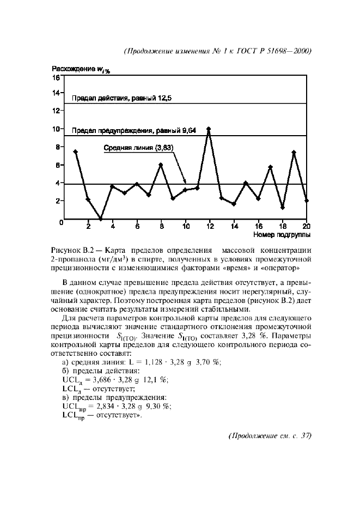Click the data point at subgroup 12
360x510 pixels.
pyautogui.click(x=209, y=129)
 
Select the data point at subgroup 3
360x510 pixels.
pyautogui.click(x=100, y=218)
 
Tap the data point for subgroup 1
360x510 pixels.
pyautogui.click(x=76, y=151)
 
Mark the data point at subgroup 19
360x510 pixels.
pyautogui.click(x=294, y=153)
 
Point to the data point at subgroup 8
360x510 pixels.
pyautogui.click(x=161, y=165)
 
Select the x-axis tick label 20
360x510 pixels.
pyautogui.click(x=306, y=226)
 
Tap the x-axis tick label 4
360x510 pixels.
pyautogui.click(x=113, y=226)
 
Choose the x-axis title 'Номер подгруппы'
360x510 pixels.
pyautogui.click(x=282, y=235)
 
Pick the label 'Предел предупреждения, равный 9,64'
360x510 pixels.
pyautogui.click(x=134, y=131)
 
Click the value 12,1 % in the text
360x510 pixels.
pyautogui.click(x=155, y=380)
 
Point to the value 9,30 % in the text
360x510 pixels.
pyautogui.click(x=158, y=406)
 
